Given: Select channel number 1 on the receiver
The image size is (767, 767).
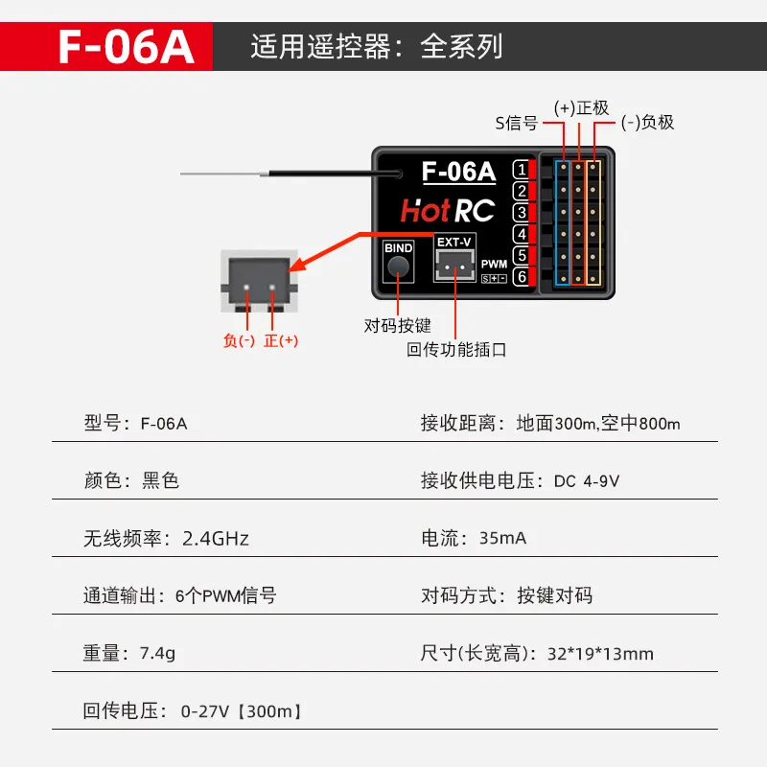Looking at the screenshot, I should click(x=521, y=170).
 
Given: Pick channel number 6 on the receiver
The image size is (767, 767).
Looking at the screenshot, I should click(x=521, y=277).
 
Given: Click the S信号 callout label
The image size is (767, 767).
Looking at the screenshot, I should click(x=516, y=122).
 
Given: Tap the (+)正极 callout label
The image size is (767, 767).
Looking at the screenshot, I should click(x=581, y=107).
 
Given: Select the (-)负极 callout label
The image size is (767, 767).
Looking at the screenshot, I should click(x=647, y=122).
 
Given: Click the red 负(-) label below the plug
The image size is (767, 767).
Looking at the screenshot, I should click(x=239, y=340).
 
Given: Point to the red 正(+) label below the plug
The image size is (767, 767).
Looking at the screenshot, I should click(x=281, y=340).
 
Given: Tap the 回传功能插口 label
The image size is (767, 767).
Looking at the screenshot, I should click(x=456, y=350).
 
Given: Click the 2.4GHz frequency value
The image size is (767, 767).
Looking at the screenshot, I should click(x=216, y=538).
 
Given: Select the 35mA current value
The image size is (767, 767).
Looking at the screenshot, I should click(x=502, y=538).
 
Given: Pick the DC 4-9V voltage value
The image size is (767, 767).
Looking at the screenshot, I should click(x=587, y=480).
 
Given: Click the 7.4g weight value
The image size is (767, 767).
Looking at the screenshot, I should click(x=157, y=654).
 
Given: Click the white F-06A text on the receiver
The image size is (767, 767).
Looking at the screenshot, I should click(x=458, y=173).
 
